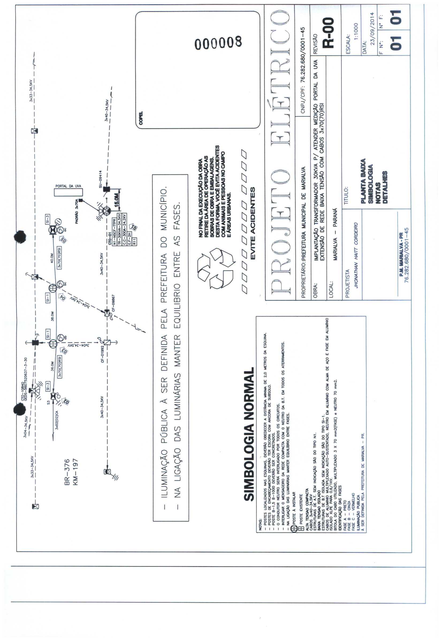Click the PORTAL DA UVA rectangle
68,192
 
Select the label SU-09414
101,179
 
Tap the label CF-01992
102,354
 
